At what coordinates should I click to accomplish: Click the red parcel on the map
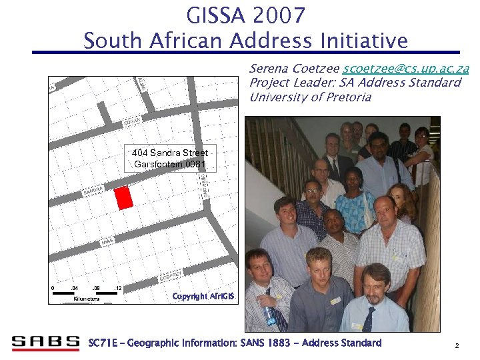[123, 198]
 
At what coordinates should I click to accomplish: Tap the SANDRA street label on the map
[93, 191]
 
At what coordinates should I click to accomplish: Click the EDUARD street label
[131, 123]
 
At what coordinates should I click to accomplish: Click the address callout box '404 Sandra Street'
[170, 159]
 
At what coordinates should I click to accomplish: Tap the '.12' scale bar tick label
[117, 288]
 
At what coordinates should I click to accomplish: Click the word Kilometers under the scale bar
[87, 299]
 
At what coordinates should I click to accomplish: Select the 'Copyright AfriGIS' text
[199, 296]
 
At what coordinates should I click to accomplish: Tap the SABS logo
[45, 343]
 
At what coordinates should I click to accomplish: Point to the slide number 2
[457, 346]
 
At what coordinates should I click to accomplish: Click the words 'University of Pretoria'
[309, 97]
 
